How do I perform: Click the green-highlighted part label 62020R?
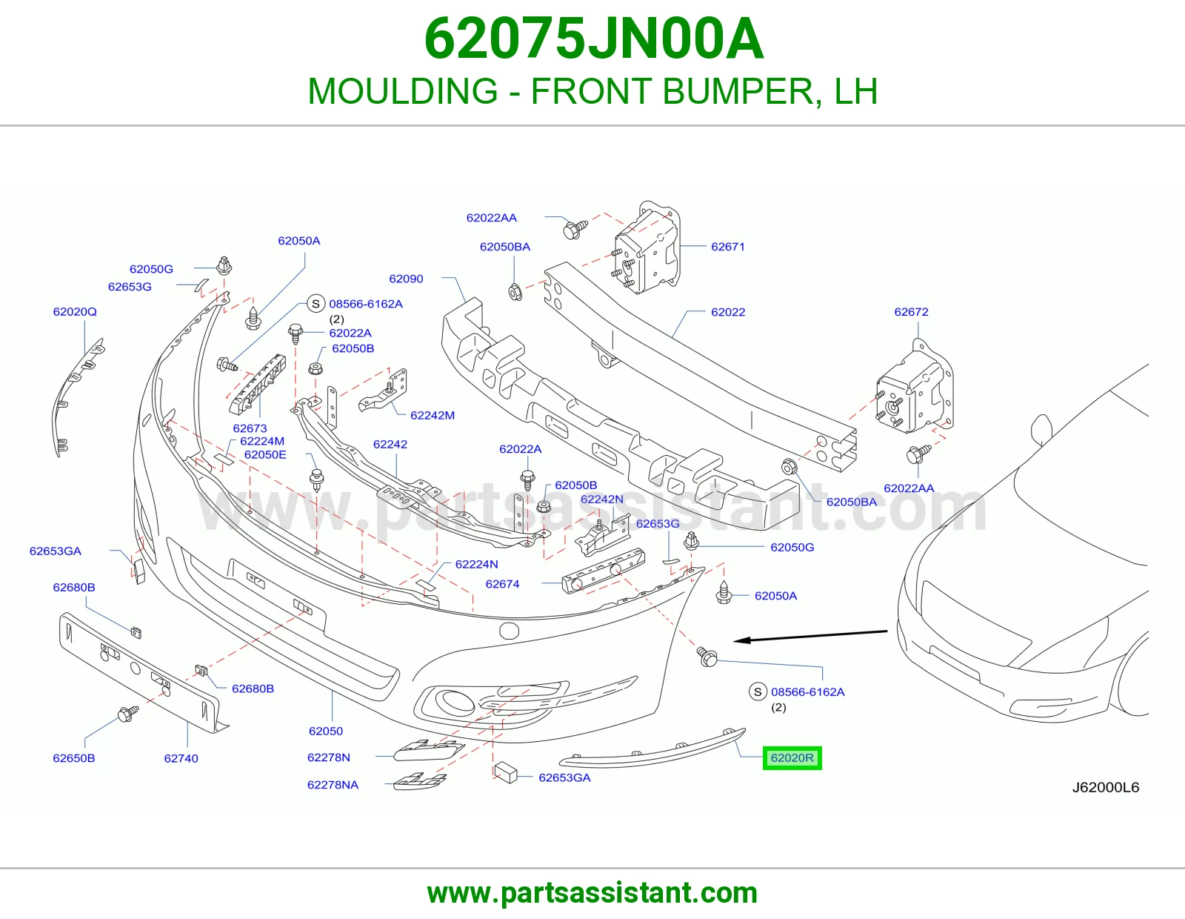[x=792, y=758]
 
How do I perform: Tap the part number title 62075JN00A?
[x=593, y=39]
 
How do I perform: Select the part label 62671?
[x=727, y=247]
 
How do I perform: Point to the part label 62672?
[x=911, y=311]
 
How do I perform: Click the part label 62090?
[x=406, y=279]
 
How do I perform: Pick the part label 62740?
[x=181, y=759]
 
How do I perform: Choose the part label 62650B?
[x=73, y=758]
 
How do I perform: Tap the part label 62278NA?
[x=333, y=785]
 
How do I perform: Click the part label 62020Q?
[x=75, y=311]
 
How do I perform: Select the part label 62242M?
[x=433, y=415]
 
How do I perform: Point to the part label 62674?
[x=502, y=584]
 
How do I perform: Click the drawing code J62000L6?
[x=1105, y=788]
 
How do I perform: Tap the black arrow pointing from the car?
[x=810, y=636]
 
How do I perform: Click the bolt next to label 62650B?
[x=127, y=713]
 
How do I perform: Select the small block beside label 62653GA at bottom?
[x=506, y=773]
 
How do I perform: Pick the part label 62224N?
[x=477, y=564]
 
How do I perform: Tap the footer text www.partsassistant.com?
[x=592, y=893]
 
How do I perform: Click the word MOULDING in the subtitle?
[x=403, y=91]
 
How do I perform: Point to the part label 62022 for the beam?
[x=727, y=312]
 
